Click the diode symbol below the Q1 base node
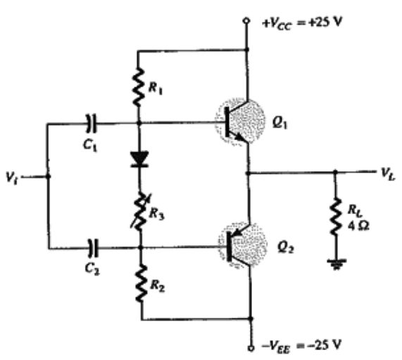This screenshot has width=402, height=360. [139, 160]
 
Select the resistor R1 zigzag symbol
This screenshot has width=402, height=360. [138, 87]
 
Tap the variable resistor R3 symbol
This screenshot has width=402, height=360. [140, 211]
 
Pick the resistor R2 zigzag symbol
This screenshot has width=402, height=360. [141, 283]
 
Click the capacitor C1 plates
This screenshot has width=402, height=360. [92, 123]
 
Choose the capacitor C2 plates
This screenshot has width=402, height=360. [92, 248]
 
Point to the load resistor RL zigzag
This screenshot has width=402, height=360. [336, 216]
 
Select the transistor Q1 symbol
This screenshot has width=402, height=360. [239, 122]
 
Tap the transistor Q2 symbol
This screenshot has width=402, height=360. [242, 246]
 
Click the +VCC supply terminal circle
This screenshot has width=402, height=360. [246, 20]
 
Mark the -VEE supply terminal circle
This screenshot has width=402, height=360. [251, 348]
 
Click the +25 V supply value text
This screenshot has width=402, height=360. [325, 23]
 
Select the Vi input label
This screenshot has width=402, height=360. [11, 176]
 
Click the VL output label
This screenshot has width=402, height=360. [388, 174]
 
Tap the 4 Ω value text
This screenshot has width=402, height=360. [358, 225]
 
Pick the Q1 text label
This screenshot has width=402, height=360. [280, 123]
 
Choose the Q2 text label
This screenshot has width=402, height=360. [286, 248]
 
